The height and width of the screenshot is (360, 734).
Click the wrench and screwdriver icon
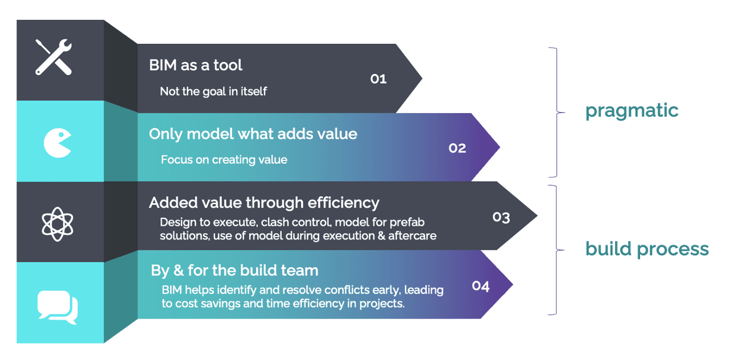tap(54, 57)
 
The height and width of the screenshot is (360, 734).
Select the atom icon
tap(58, 223)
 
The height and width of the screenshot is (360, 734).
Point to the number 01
tap(378, 79)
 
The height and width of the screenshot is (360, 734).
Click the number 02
tap(457, 148)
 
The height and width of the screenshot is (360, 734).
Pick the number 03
tap(501, 217)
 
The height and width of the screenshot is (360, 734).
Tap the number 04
tap(481, 286)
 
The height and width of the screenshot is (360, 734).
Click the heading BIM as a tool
tap(196, 65)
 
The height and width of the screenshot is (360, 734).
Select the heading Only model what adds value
tap(253, 134)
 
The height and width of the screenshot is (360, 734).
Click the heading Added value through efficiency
tap(264, 202)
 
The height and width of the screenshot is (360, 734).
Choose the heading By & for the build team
tap(234, 270)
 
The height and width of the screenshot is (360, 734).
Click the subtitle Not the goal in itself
tap(213, 91)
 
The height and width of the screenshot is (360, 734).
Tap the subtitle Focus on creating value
tap(224, 160)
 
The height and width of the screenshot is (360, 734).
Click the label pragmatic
tap(632, 110)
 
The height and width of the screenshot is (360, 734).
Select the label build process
tap(647, 249)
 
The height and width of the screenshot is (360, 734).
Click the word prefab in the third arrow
tap(409, 222)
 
